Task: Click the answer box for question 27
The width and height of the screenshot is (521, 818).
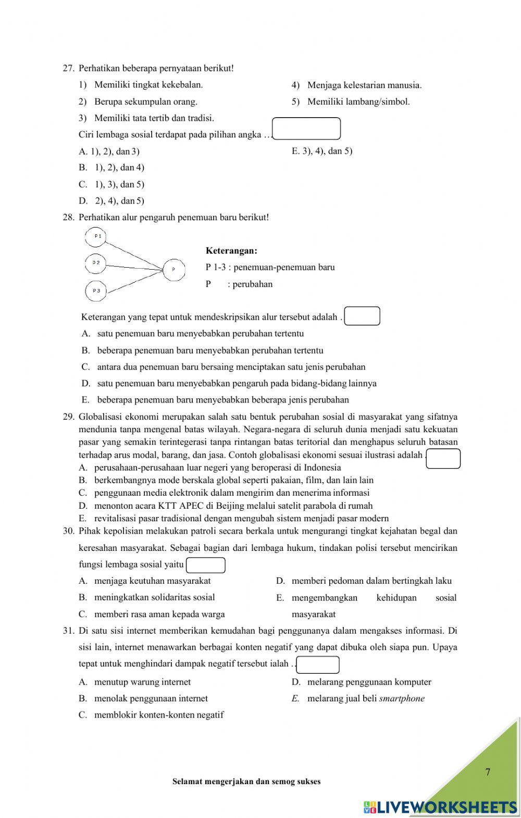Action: click(306, 129)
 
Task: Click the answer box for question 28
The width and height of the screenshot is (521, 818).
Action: click(362, 316)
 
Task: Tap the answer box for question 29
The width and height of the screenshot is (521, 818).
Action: click(443, 458)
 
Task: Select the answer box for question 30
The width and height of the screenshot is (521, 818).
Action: click(206, 565)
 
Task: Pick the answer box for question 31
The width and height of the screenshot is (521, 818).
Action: click(317, 664)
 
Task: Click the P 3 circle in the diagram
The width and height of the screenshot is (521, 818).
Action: click(96, 291)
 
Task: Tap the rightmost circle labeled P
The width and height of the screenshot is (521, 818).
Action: click(173, 269)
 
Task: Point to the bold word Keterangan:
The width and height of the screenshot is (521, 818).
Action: click(231, 251)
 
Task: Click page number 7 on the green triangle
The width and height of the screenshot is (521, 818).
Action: click(488, 772)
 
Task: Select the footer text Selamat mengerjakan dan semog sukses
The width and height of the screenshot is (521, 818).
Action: click(246, 782)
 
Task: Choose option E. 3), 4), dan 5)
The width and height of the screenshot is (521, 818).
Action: click(322, 151)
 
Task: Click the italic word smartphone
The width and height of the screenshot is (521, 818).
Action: click(402, 699)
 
